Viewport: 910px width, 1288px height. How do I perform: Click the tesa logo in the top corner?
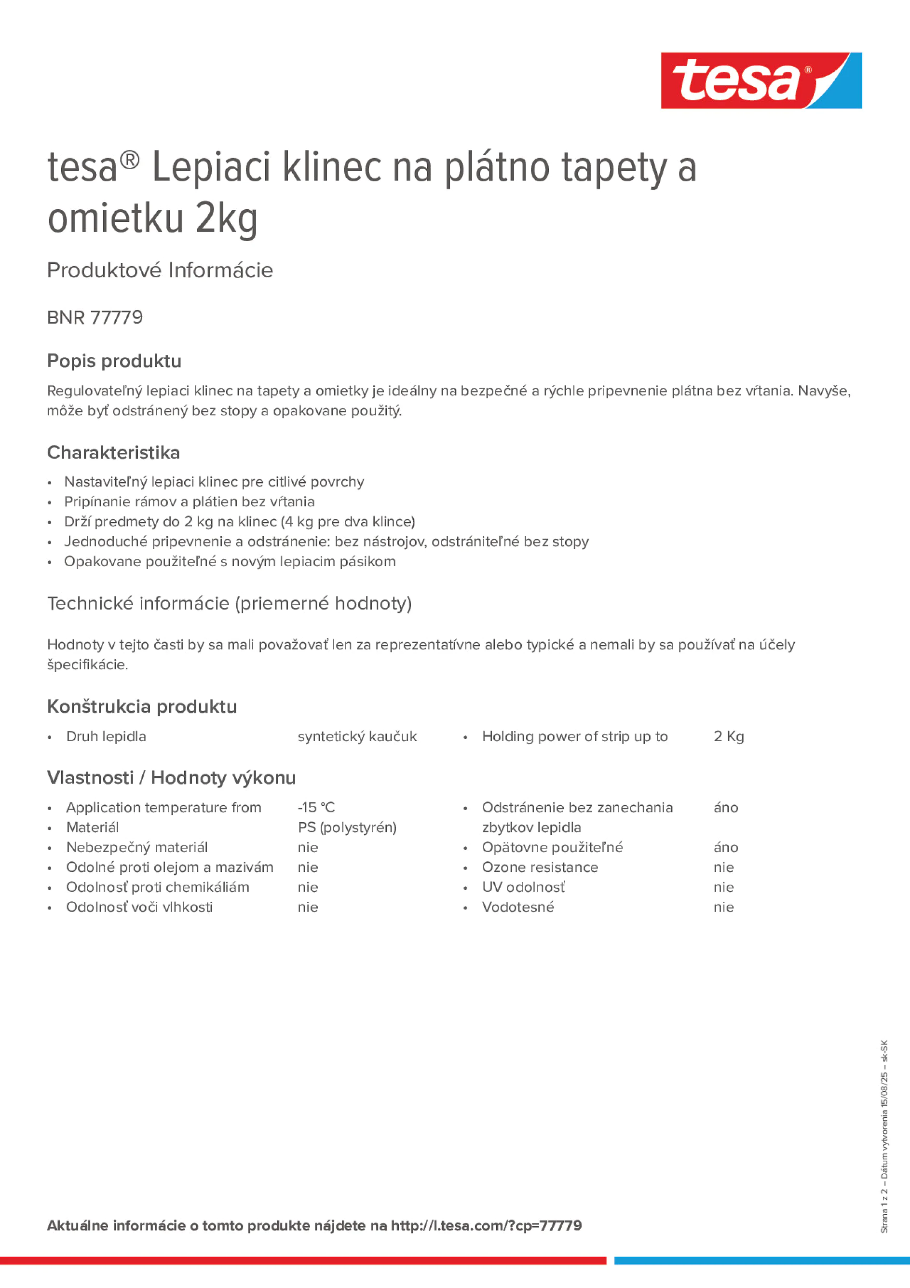[761, 81]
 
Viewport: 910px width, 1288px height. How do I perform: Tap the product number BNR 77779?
[95, 317]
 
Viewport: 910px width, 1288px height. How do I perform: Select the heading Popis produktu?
[114, 361]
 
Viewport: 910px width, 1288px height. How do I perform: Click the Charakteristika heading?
[113, 452]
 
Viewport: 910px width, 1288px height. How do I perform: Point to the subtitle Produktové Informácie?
[160, 271]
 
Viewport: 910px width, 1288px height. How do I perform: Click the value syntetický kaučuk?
[357, 736]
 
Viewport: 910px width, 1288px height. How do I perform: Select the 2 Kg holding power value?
[728, 736]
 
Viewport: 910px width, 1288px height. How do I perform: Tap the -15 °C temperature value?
[316, 807]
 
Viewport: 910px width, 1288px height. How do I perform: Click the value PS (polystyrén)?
[347, 827]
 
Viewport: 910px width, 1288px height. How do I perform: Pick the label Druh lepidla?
[106, 736]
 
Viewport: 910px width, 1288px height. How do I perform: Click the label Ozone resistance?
[540, 868]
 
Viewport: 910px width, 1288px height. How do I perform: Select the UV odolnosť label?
[523, 887]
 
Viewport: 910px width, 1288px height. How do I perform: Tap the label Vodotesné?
[518, 907]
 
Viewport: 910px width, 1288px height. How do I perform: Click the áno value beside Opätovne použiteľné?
[725, 847]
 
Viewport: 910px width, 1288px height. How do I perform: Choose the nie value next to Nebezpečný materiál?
[308, 847]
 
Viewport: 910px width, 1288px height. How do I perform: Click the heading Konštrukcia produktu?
[142, 706]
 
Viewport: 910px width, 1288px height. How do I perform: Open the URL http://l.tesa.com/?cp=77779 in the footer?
[486, 1225]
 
